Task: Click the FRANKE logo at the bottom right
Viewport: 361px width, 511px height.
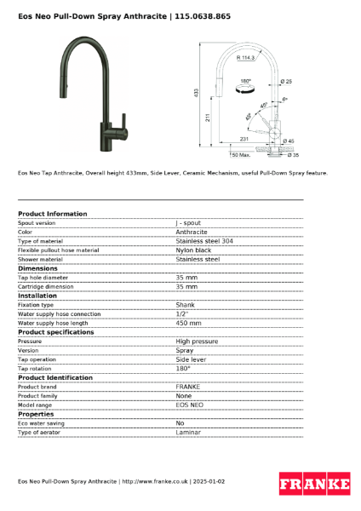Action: coord(314,485)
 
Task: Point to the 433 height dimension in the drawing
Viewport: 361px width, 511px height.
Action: coord(197,91)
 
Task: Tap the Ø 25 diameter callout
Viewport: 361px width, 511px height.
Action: coord(286,81)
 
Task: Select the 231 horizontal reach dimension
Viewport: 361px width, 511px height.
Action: coord(244,138)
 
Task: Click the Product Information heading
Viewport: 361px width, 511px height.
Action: coord(52,214)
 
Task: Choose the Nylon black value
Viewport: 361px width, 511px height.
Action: coord(193,250)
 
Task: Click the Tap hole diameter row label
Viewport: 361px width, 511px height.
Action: coord(43,278)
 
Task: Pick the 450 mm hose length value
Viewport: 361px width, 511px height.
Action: coord(188,323)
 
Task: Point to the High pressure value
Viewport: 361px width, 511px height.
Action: coord(196,342)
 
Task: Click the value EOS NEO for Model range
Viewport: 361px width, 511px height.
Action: coord(189,405)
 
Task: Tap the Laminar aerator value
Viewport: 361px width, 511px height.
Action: coord(188,433)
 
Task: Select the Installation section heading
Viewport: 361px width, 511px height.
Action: coord(39,296)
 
